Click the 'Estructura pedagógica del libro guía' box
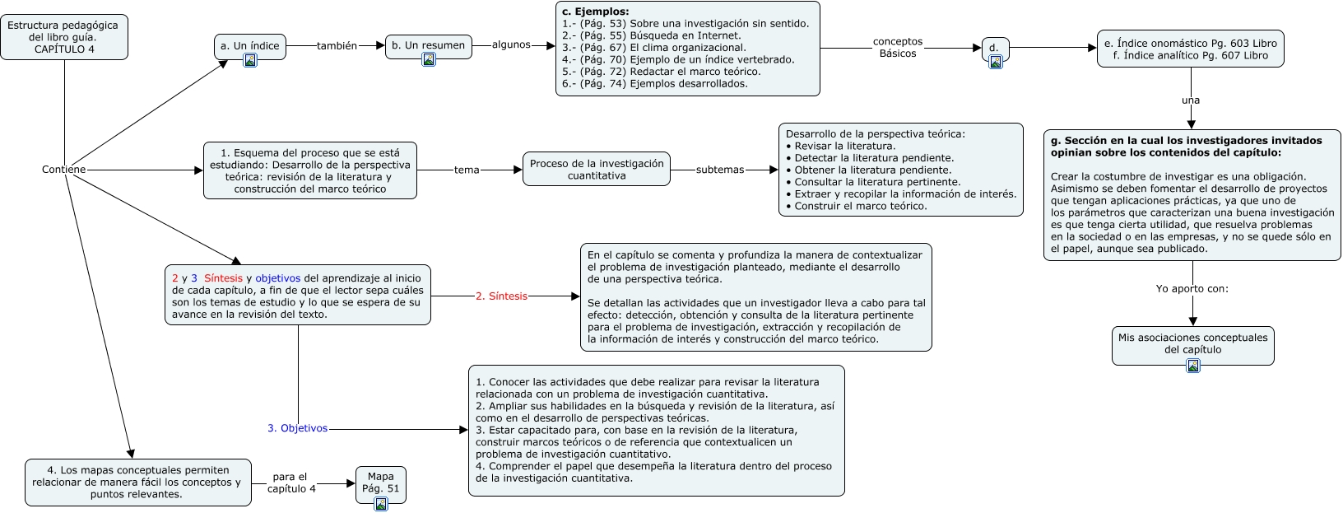(63, 37)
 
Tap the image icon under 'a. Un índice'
(250, 60)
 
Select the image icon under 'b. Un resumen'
(429, 59)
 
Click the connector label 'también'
(337, 46)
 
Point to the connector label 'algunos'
(511, 45)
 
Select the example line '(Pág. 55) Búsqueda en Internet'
(659, 35)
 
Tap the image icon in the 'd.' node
(996, 62)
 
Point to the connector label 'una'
(1191, 100)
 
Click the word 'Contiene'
(63, 170)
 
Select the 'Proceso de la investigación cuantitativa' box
(597, 170)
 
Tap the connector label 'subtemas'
(720, 170)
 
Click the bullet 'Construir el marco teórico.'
(860, 206)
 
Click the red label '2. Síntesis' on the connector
(501, 296)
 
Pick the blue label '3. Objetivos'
(297, 429)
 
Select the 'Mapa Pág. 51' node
(381, 483)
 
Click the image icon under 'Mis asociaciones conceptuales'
(1193, 366)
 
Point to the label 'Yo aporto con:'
(1192, 289)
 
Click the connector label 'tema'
(467, 170)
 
